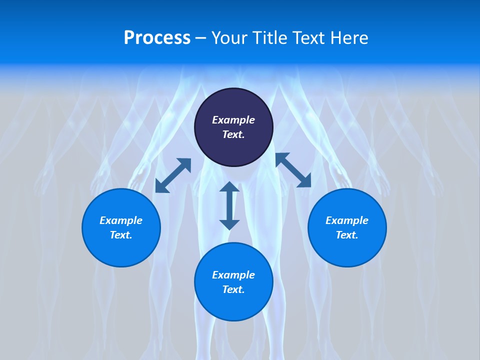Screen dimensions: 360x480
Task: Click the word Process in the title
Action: coord(157,38)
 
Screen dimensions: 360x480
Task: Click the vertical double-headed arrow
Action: coord(229,205)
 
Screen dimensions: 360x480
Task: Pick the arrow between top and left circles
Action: coord(173,175)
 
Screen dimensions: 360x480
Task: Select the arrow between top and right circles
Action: coord(293,170)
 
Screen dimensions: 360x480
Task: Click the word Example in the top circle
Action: coord(233,120)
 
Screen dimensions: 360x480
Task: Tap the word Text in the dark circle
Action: coord(233,134)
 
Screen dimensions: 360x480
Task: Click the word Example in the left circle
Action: coord(121,220)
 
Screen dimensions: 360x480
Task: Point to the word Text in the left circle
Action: coord(121,235)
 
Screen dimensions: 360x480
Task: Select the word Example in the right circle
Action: coord(347,220)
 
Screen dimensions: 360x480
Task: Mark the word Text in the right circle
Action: coord(347,235)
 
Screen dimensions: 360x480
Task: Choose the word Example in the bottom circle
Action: coord(233,275)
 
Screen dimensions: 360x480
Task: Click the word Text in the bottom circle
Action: coord(233,289)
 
